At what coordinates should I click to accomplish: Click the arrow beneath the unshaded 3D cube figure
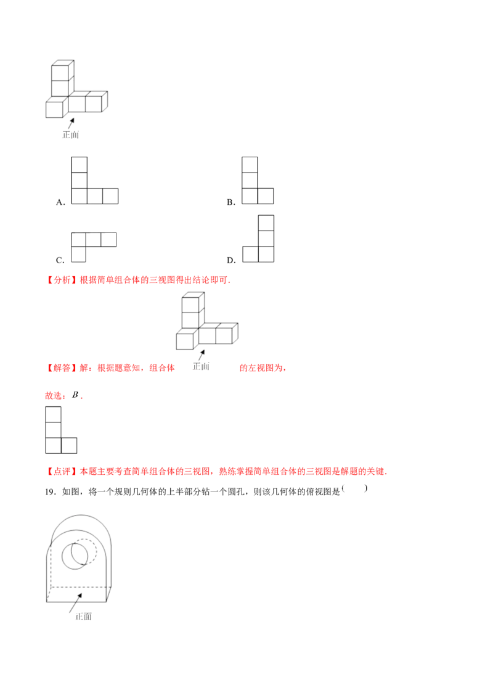(70, 121)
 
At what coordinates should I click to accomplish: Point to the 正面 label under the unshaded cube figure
(71, 134)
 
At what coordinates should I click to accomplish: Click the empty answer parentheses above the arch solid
(354, 488)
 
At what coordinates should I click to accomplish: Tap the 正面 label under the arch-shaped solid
(83, 617)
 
